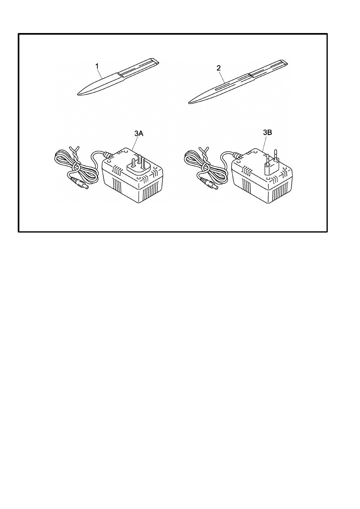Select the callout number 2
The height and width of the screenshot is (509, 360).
pos(218,68)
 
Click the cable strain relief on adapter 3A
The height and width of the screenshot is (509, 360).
pos(108,154)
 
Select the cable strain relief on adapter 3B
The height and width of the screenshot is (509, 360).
pos(238,154)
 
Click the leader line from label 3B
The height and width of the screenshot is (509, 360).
pos(264,145)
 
